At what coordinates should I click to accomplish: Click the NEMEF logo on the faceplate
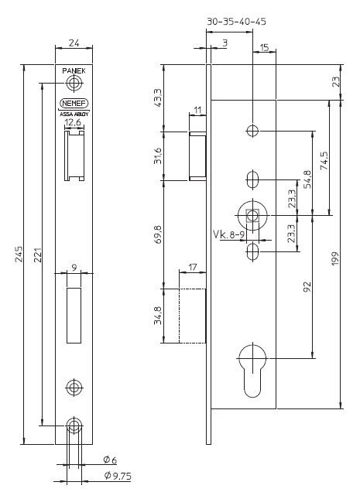pos(74,104)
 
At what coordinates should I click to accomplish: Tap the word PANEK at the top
pos(74,71)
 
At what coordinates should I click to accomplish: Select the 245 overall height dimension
pos(19,254)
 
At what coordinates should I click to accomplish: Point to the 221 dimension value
pos(38,255)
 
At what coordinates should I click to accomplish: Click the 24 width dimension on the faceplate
pos(74,43)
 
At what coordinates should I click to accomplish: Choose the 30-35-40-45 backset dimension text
pos(236,22)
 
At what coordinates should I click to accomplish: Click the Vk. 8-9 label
pos(228,235)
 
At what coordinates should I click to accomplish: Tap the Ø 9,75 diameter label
pos(118,476)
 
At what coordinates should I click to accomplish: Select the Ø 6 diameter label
pos(110,460)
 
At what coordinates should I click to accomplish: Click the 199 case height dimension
pos(336,258)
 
